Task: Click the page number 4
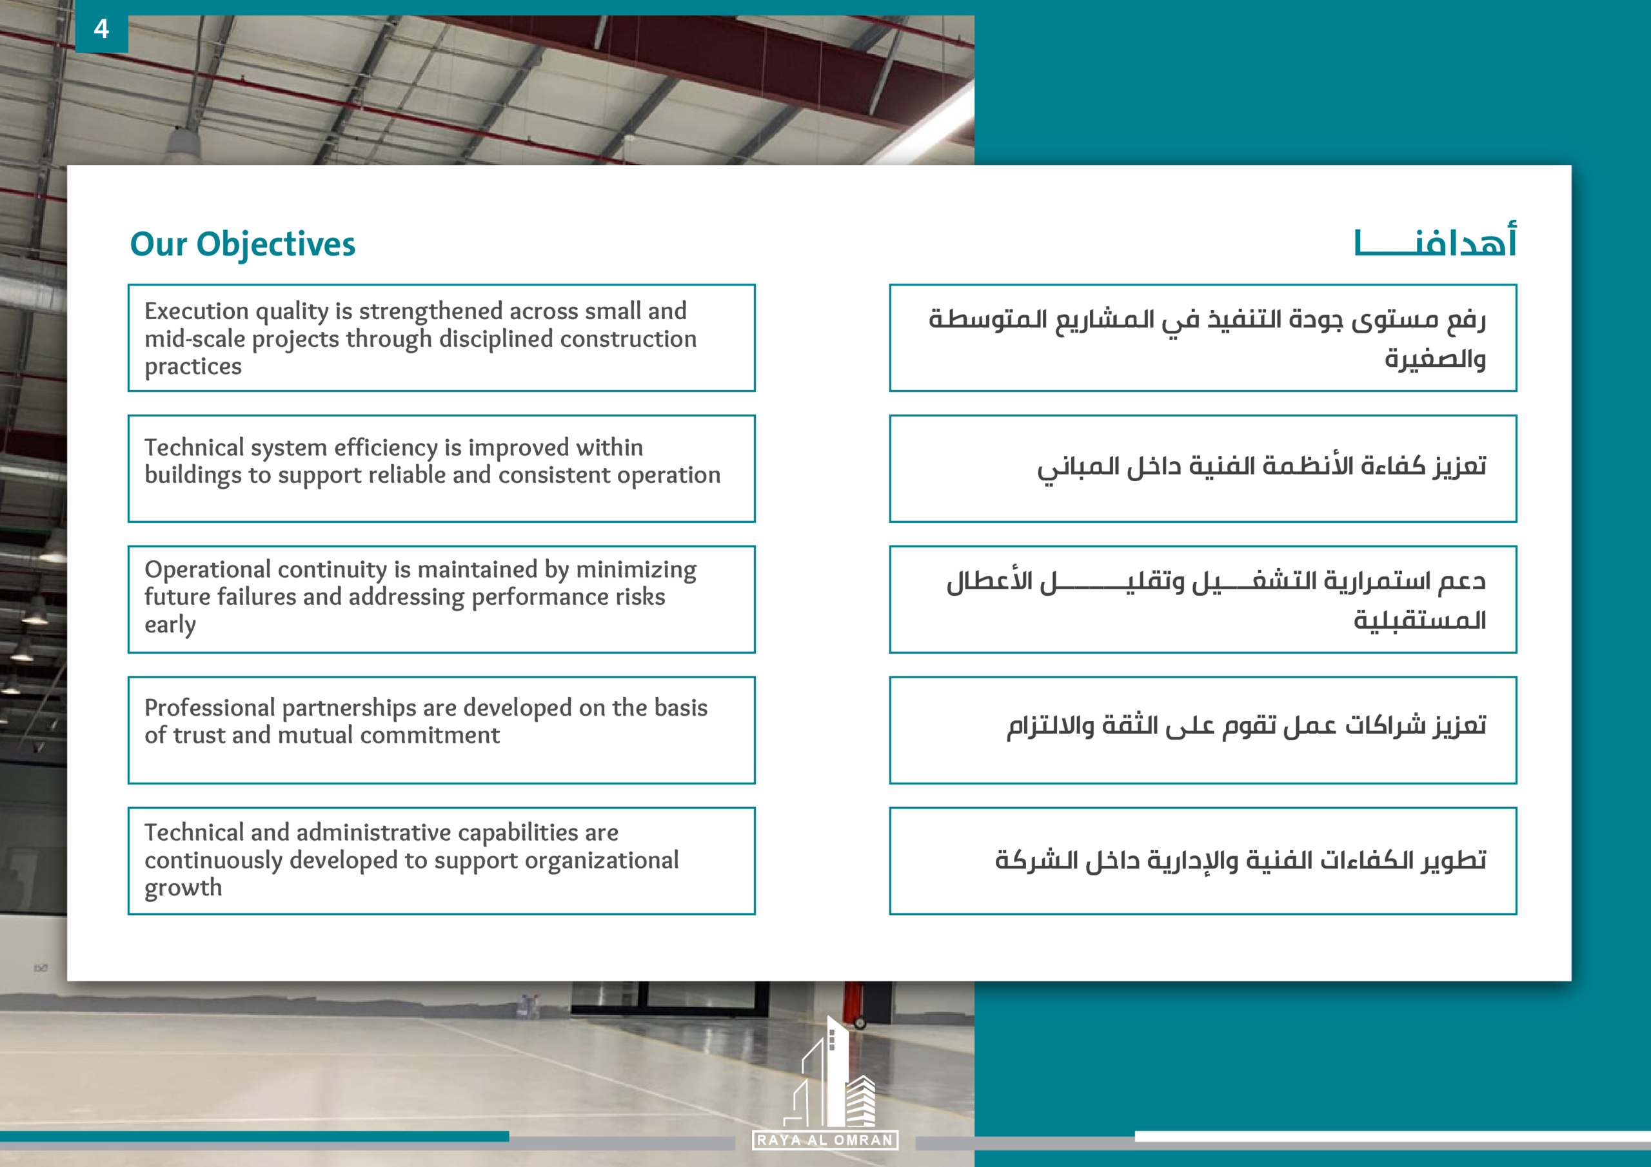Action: pos(101,29)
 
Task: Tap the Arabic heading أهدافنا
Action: pos(1436,242)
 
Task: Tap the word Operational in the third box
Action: pos(208,570)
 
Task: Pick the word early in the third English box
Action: pos(170,625)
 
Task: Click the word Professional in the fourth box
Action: pos(210,707)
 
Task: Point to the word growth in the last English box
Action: pos(183,888)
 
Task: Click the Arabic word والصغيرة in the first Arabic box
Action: pos(1434,358)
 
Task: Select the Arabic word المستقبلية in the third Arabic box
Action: pos(1419,619)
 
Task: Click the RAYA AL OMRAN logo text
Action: pos(825,1141)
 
